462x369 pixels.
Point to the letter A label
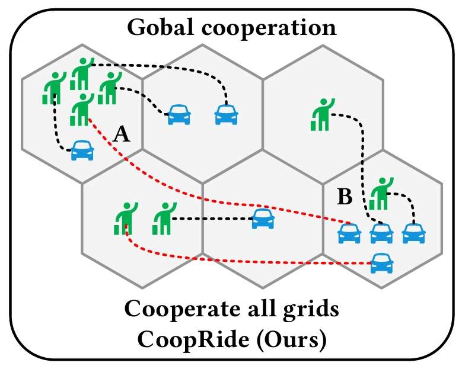point(121,136)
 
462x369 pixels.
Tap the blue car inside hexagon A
point(82,150)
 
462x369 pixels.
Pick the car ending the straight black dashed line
point(262,219)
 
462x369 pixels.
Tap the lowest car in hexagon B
point(381,262)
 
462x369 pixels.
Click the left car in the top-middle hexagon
point(179,114)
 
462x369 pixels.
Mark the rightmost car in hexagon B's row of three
point(414,233)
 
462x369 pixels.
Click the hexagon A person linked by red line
point(82,110)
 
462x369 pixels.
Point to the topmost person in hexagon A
point(82,73)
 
